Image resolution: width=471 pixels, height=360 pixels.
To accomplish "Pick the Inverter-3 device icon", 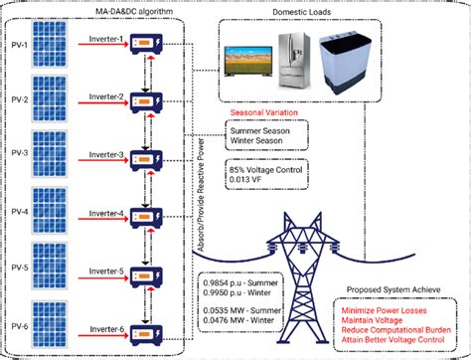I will [x=143, y=168].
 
